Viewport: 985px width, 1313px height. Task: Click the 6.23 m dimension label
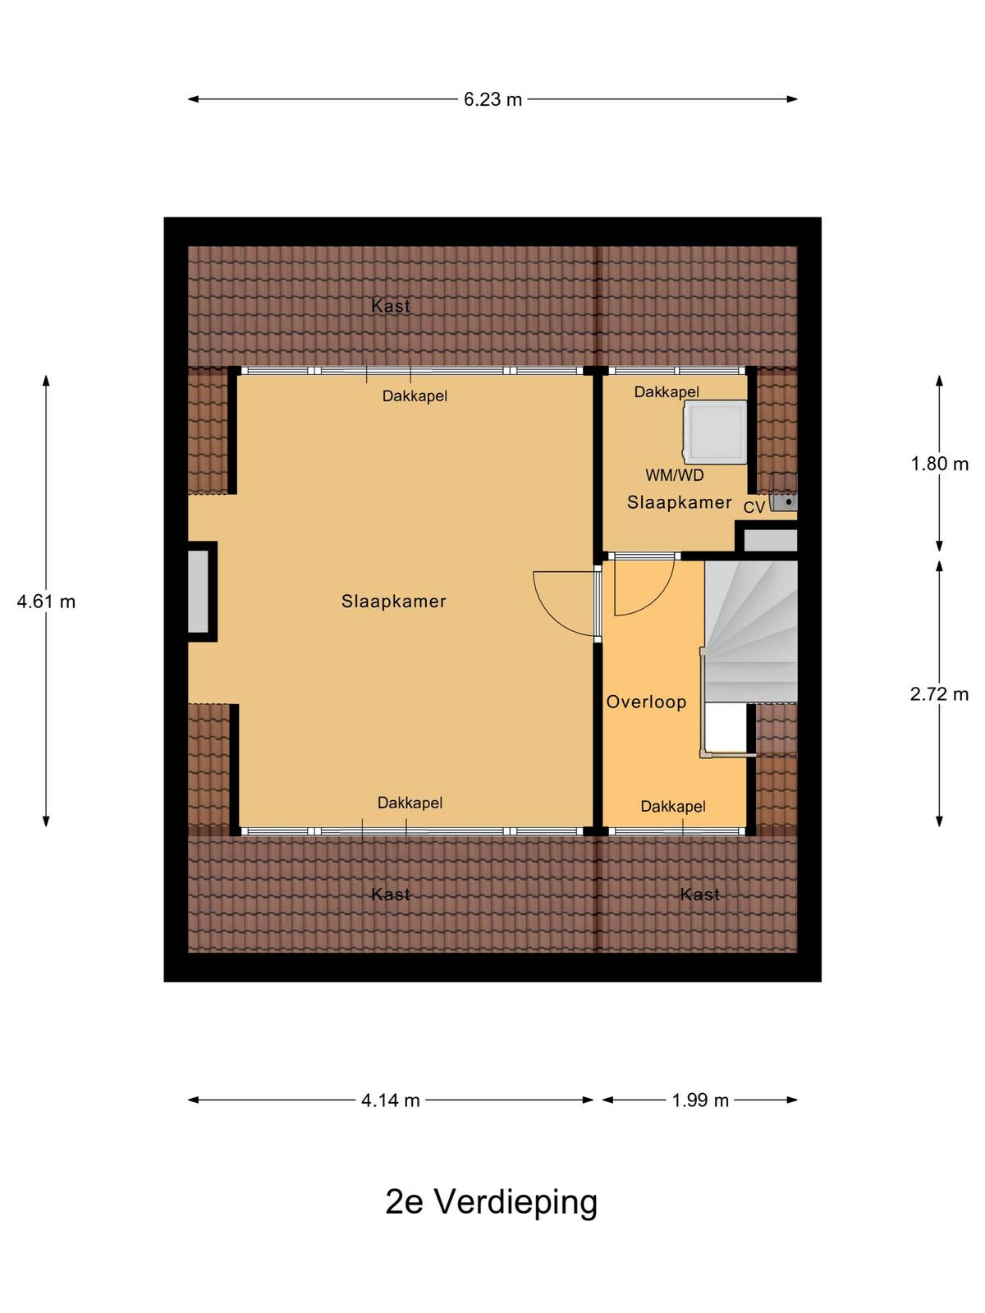click(492, 99)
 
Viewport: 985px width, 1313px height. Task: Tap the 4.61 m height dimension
click(46, 602)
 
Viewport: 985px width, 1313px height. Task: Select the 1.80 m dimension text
click(939, 464)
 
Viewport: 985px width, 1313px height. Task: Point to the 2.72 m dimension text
click(939, 694)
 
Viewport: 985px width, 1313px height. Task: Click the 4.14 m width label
click(391, 1100)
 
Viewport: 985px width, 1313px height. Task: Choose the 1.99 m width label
click(699, 1100)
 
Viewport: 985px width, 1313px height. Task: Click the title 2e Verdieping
click(492, 1201)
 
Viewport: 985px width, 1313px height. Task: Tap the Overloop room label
click(646, 702)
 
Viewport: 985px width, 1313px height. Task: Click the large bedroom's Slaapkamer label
click(393, 602)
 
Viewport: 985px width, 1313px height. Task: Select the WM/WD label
click(674, 475)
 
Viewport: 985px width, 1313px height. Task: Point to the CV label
click(754, 507)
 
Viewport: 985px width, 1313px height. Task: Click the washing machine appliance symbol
click(715, 432)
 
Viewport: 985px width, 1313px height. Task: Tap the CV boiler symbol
click(783, 493)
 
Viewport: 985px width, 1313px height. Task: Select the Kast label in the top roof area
click(391, 306)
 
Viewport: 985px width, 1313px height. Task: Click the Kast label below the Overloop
click(699, 894)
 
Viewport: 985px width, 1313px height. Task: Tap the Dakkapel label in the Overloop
click(673, 807)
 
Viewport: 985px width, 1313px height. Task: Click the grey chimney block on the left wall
click(199, 592)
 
